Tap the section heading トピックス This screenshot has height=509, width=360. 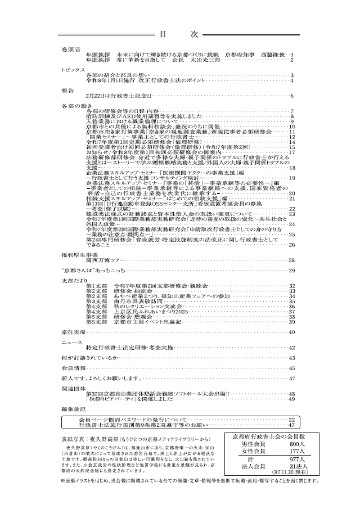coord(73,70)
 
